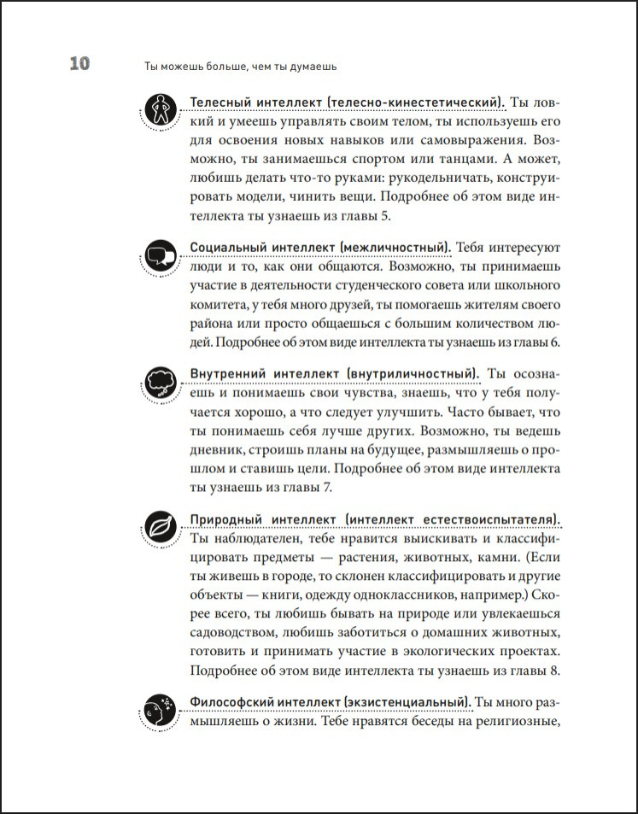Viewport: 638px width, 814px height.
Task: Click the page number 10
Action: point(74,65)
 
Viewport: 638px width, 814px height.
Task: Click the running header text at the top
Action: point(231,66)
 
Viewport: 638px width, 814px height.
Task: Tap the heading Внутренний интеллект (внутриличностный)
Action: point(332,374)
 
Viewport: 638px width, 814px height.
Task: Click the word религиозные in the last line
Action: point(514,723)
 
